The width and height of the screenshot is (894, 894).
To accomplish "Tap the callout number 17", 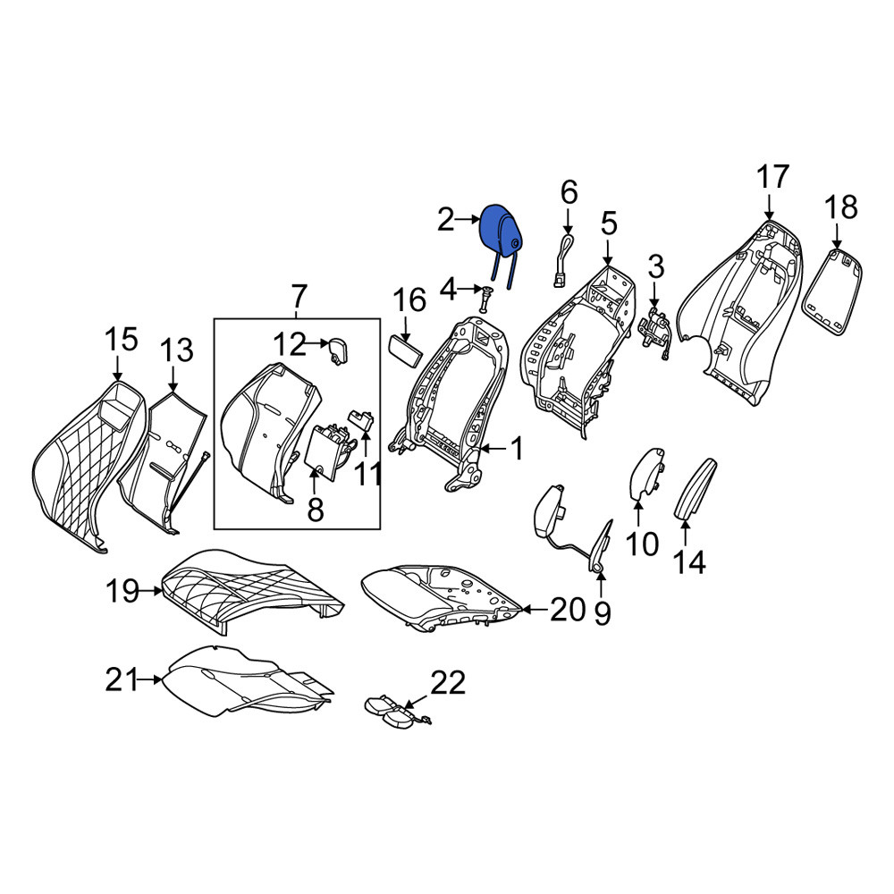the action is click(x=772, y=177).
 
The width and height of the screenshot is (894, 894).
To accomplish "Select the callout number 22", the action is click(x=448, y=682).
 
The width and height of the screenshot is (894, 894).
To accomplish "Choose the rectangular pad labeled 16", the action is click(x=405, y=351).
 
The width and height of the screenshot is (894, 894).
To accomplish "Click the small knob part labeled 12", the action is click(x=338, y=350).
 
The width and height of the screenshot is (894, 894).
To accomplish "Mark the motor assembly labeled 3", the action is click(x=654, y=333).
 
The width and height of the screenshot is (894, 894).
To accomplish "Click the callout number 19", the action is click(x=122, y=591).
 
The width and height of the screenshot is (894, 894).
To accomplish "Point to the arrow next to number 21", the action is click(x=151, y=679).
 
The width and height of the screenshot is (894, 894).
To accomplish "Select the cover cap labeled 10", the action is click(x=647, y=473).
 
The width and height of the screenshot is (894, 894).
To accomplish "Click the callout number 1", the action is click(x=517, y=450).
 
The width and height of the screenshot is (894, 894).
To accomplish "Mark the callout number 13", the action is click(x=177, y=350).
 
